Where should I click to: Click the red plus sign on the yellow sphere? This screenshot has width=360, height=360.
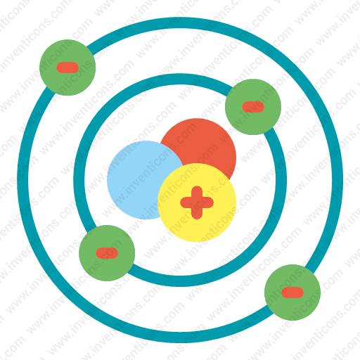click(x=197, y=202)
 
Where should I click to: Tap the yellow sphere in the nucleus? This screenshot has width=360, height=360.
click(x=197, y=202)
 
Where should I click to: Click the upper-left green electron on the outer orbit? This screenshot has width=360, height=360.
click(x=67, y=67)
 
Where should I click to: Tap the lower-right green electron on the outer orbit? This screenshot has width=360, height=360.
click(x=292, y=292)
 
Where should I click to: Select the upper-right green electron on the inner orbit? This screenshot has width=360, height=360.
click(x=253, y=107)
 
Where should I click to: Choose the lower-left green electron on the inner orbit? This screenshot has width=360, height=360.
click(x=107, y=253)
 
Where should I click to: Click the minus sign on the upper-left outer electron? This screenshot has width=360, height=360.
click(x=67, y=67)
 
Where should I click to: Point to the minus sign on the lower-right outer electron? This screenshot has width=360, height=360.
click(x=292, y=292)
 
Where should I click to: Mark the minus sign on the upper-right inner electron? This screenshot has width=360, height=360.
click(x=253, y=107)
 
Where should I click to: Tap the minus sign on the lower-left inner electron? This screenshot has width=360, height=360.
click(x=107, y=253)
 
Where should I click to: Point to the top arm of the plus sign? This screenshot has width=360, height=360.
click(x=197, y=191)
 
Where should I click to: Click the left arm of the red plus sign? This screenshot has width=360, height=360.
click(x=186, y=202)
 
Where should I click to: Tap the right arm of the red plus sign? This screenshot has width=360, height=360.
click(x=208, y=202)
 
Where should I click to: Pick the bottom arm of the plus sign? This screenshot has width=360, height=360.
click(x=197, y=214)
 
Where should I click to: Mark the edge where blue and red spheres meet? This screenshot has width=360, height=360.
click(x=172, y=150)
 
